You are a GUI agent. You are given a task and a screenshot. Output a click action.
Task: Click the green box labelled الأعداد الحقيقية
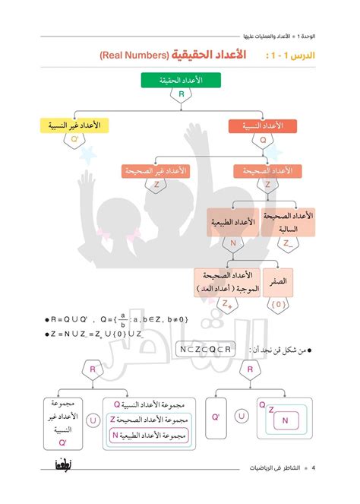coord(180,79)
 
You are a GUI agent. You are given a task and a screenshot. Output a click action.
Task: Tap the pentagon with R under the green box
coord(180,95)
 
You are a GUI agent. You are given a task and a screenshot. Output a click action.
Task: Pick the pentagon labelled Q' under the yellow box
coord(74,141)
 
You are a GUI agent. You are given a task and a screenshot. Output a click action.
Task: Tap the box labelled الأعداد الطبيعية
coord(232,223)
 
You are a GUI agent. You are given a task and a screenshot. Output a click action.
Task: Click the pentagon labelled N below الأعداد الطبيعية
coord(232,244)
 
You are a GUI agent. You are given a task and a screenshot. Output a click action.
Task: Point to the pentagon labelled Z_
coord(287,244)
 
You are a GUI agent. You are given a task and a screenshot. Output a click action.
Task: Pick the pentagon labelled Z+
coord(226,305)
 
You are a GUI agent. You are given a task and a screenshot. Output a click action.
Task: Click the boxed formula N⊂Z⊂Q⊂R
coord(206,348)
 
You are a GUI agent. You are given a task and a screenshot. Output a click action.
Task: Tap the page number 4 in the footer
coord(312,467)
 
